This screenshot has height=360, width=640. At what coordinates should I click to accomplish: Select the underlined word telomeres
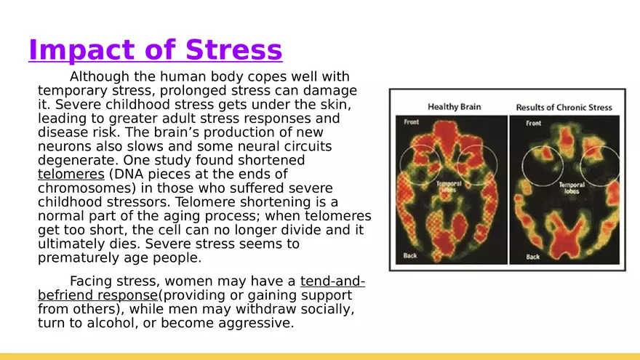[71, 175]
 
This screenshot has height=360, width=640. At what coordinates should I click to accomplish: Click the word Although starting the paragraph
[101, 77]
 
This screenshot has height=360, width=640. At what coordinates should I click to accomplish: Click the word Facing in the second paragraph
[92, 281]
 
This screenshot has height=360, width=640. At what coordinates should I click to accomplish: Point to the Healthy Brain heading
[454, 107]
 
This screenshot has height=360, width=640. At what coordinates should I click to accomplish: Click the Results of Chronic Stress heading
[564, 108]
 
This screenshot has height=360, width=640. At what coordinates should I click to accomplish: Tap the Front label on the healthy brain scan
[412, 122]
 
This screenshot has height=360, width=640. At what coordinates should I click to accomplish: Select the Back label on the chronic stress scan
[533, 257]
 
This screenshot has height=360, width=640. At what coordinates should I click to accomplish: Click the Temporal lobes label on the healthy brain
[448, 188]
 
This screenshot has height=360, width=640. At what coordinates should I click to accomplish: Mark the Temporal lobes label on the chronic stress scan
[572, 188]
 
